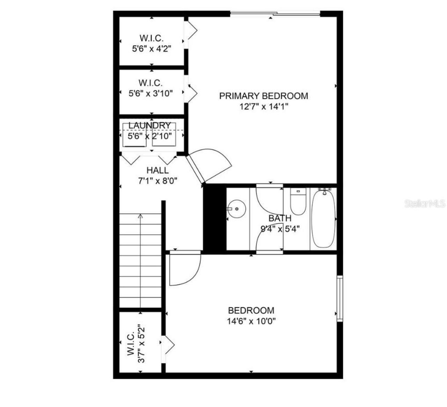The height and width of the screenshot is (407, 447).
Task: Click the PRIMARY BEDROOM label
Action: (x=264, y=96)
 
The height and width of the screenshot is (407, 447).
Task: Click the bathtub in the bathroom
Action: (x=323, y=218)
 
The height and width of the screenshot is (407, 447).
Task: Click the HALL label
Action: (x=157, y=170)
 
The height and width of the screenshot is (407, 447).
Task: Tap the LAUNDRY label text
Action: (x=149, y=125)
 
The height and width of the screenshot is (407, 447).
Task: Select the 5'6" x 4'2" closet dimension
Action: (x=152, y=49)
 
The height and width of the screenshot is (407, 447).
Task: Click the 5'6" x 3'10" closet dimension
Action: (x=151, y=93)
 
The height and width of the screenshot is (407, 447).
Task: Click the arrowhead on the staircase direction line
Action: (x=140, y=216)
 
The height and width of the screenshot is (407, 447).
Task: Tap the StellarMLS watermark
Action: (x=425, y=203)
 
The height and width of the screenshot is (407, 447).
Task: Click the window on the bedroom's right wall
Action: (x=339, y=298)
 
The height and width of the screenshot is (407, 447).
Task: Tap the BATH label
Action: (x=280, y=219)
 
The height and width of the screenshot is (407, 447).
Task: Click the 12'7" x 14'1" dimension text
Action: (x=263, y=106)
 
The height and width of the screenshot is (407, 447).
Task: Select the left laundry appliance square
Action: (x=134, y=135)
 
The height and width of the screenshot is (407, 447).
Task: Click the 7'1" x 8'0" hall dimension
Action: (x=158, y=181)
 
